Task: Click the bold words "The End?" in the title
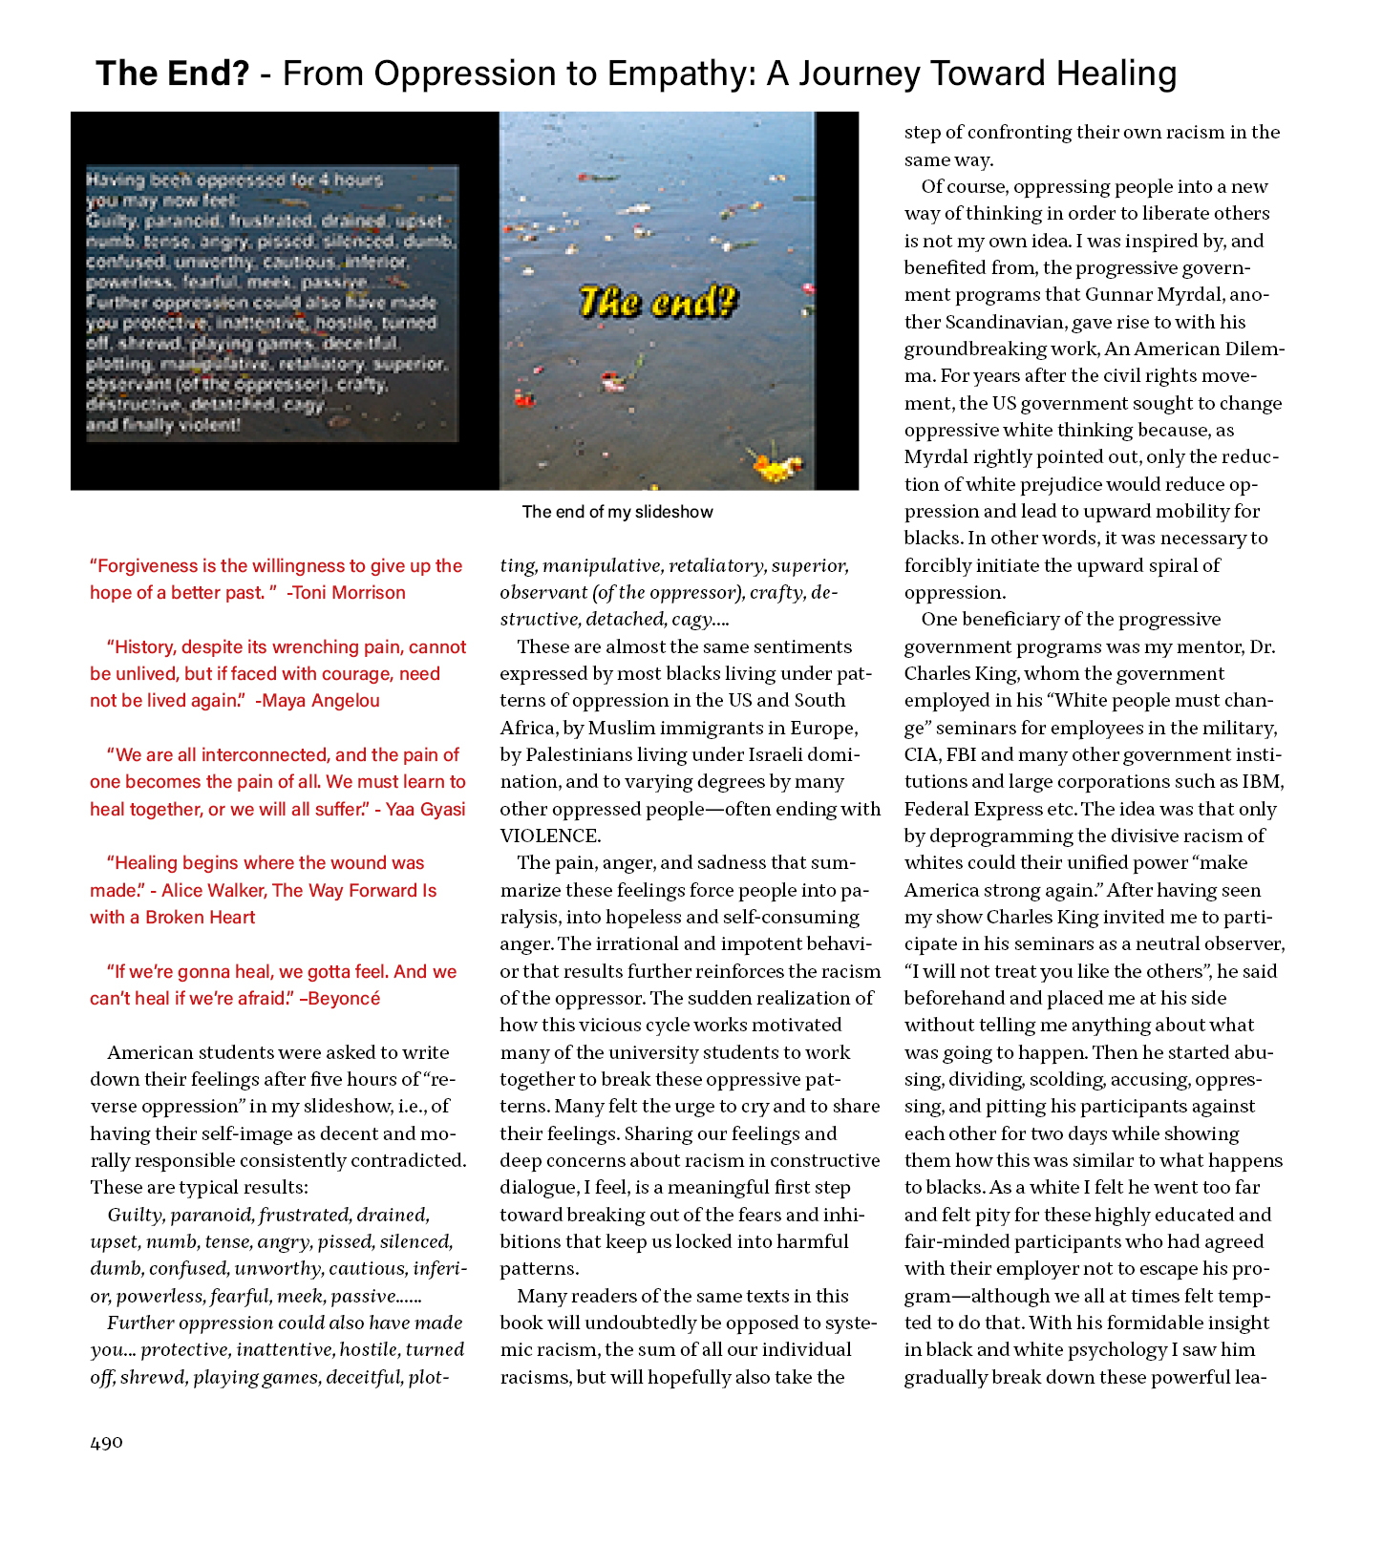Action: pyautogui.click(x=173, y=74)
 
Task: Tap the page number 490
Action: pyautogui.click(x=106, y=1442)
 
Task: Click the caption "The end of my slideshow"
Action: pyautogui.click(x=617, y=512)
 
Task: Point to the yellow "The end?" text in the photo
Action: pyautogui.click(x=658, y=302)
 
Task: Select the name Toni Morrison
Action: pyautogui.click(x=349, y=593)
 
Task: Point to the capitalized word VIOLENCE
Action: pyautogui.click(x=550, y=836)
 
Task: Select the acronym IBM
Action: pyautogui.click(x=1263, y=782)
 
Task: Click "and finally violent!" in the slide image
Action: pyautogui.click(x=163, y=425)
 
